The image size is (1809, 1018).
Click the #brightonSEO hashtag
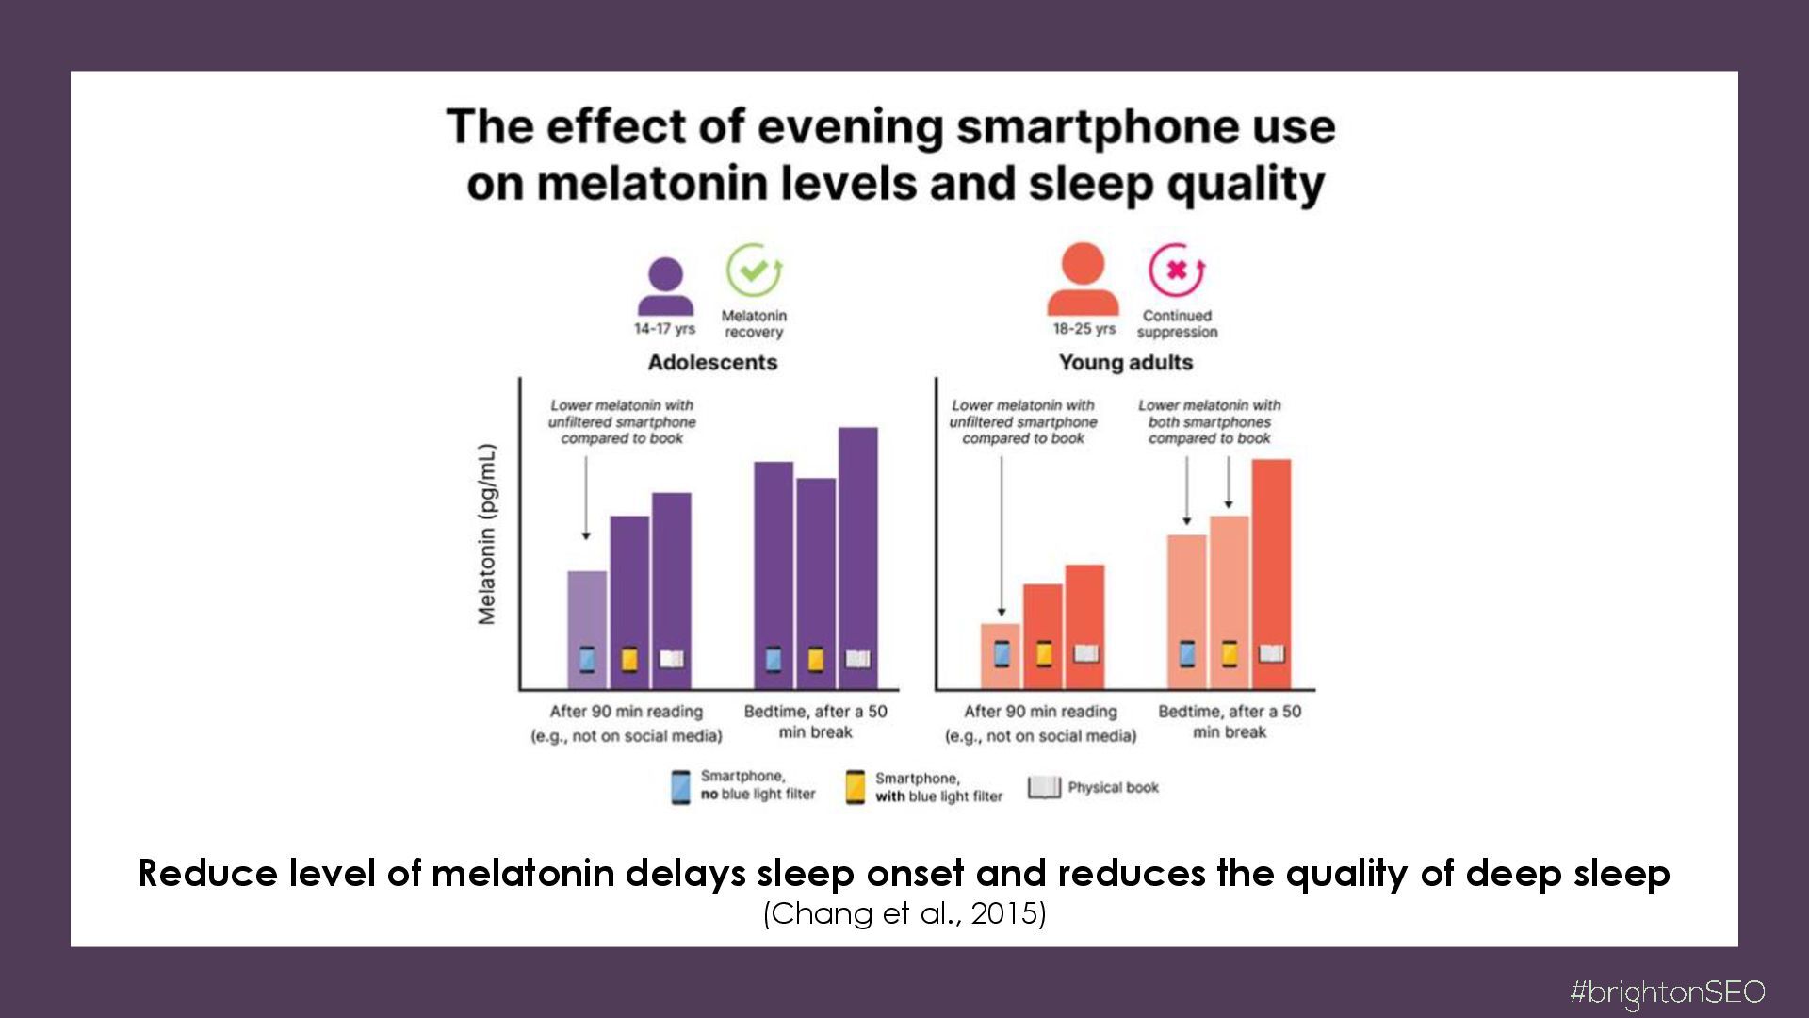[1666, 993]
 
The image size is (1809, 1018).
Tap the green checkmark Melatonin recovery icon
[754, 271]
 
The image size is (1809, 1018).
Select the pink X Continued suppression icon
[1176, 271]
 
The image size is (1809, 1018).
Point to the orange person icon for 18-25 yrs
[1084, 279]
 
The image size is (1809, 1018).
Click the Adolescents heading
[712, 363]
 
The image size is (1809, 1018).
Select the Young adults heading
[1125, 363]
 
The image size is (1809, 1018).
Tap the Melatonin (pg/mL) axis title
[487, 534]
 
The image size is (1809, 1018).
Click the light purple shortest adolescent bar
[587, 613]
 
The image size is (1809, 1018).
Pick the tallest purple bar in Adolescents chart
[857, 547]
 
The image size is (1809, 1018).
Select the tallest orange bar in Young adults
[1271, 556]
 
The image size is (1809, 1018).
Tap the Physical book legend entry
[1093, 787]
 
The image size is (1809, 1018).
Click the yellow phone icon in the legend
[855, 787]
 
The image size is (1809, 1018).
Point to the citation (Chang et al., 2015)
[904, 914]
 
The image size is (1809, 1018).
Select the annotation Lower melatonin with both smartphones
[1209, 421]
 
